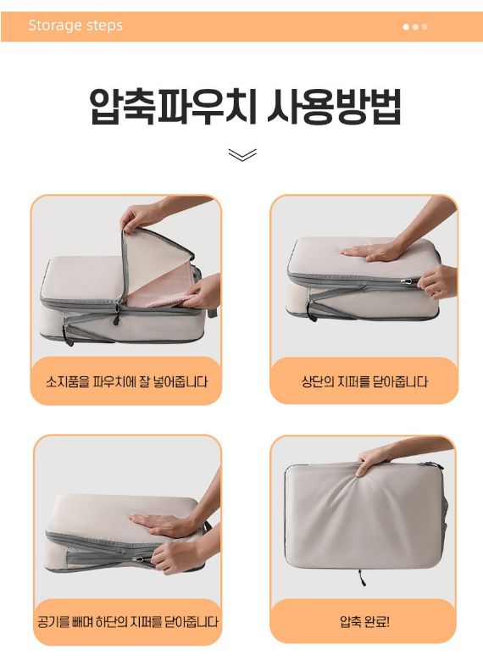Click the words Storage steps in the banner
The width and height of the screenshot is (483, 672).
75,25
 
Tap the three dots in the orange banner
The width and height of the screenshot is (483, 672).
415,26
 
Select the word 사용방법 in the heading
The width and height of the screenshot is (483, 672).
334,106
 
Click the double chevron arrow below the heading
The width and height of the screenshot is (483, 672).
242,155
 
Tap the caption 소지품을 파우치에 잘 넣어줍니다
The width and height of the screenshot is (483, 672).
126,381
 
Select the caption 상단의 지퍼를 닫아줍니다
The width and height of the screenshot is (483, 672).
364,381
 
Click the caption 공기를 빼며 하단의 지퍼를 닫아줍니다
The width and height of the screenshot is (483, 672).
127,621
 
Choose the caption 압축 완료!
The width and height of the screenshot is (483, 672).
364,621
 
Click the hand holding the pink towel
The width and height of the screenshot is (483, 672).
202,292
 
